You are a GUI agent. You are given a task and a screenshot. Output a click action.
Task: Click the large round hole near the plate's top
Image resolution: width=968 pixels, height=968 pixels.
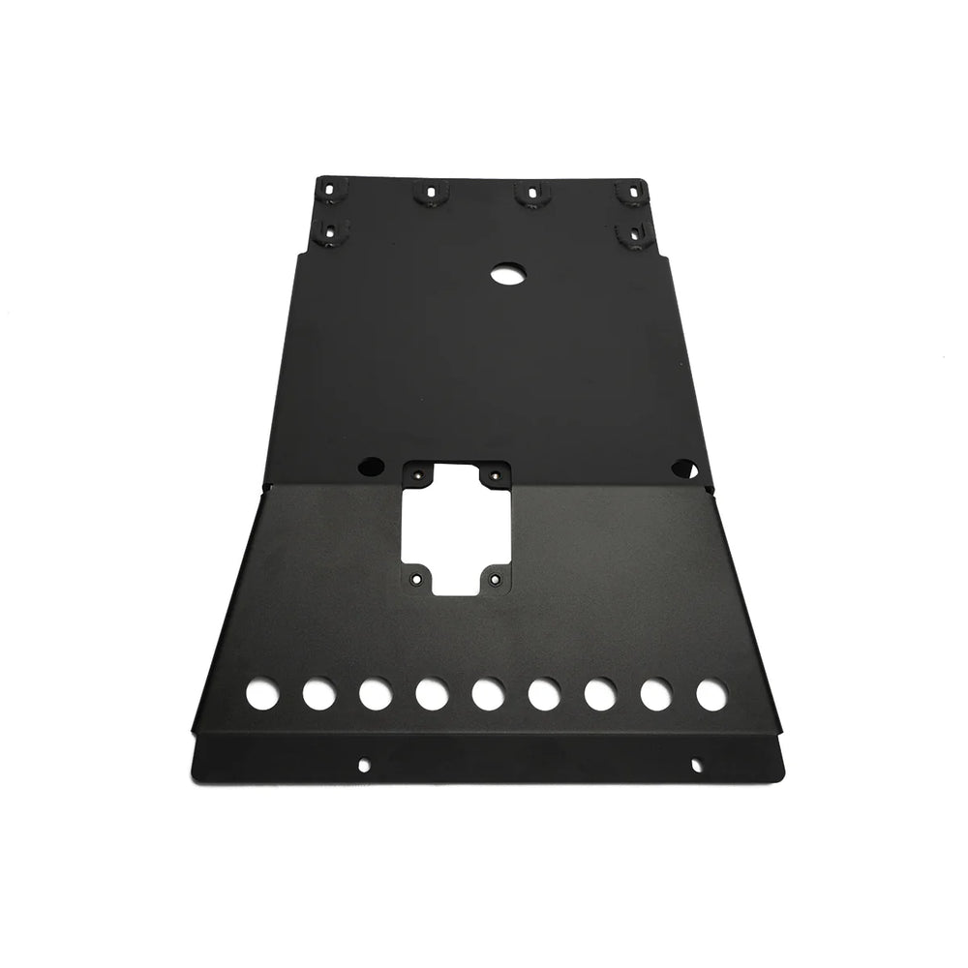click(504, 275)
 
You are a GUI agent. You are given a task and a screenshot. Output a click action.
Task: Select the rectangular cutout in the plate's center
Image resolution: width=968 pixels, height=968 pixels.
click(456, 527)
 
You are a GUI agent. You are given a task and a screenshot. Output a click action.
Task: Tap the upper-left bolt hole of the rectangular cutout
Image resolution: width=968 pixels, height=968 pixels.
click(418, 474)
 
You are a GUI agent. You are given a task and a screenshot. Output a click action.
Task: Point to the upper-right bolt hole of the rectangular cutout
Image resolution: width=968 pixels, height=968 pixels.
click(495, 474)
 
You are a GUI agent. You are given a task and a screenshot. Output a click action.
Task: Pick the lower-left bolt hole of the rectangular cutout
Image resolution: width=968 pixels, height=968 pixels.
click(416, 579)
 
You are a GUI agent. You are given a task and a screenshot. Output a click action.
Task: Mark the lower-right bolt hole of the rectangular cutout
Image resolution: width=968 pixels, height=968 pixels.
click(496, 579)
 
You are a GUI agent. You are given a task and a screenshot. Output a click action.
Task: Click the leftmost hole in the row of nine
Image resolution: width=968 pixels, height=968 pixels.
click(259, 694)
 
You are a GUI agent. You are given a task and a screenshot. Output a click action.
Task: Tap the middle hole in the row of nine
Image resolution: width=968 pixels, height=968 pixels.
click(486, 694)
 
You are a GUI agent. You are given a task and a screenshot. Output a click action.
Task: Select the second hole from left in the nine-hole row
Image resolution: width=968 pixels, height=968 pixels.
click(317, 694)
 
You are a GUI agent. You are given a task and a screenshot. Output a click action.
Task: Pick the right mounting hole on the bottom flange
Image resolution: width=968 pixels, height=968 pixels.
click(696, 764)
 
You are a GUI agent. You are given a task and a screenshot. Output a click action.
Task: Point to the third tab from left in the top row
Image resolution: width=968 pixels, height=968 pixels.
click(528, 194)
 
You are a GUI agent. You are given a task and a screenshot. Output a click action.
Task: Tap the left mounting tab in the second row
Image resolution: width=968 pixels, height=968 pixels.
click(333, 232)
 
